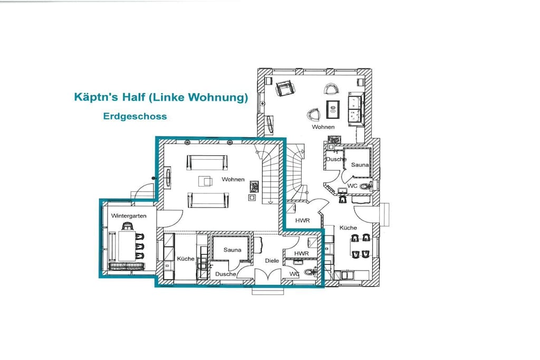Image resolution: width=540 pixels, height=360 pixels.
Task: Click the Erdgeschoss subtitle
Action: click(x=135, y=116)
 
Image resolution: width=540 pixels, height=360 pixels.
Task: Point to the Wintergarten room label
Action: click(x=129, y=216)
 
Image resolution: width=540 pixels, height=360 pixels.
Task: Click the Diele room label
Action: click(x=272, y=260)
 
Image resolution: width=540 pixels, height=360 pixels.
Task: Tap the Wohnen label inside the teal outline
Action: click(x=233, y=179)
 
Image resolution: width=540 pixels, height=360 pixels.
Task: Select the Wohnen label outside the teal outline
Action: click(x=323, y=127)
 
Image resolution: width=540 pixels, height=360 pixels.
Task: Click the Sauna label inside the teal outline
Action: click(x=233, y=250)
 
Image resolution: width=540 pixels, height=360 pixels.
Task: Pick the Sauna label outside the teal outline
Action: click(x=360, y=165)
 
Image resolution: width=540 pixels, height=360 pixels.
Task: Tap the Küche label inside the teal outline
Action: click(x=186, y=258)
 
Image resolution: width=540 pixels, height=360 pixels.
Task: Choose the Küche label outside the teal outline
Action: click(x=348, y=228)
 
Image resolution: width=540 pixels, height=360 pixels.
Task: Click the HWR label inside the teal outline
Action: click(x=302, y=254)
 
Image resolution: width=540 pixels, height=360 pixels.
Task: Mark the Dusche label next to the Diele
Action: click(x=226, y=274)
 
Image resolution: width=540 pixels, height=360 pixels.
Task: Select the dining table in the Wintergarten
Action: click(x=127, y=246)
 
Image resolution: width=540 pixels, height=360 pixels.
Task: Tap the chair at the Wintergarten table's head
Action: click(x=128, y=226)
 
